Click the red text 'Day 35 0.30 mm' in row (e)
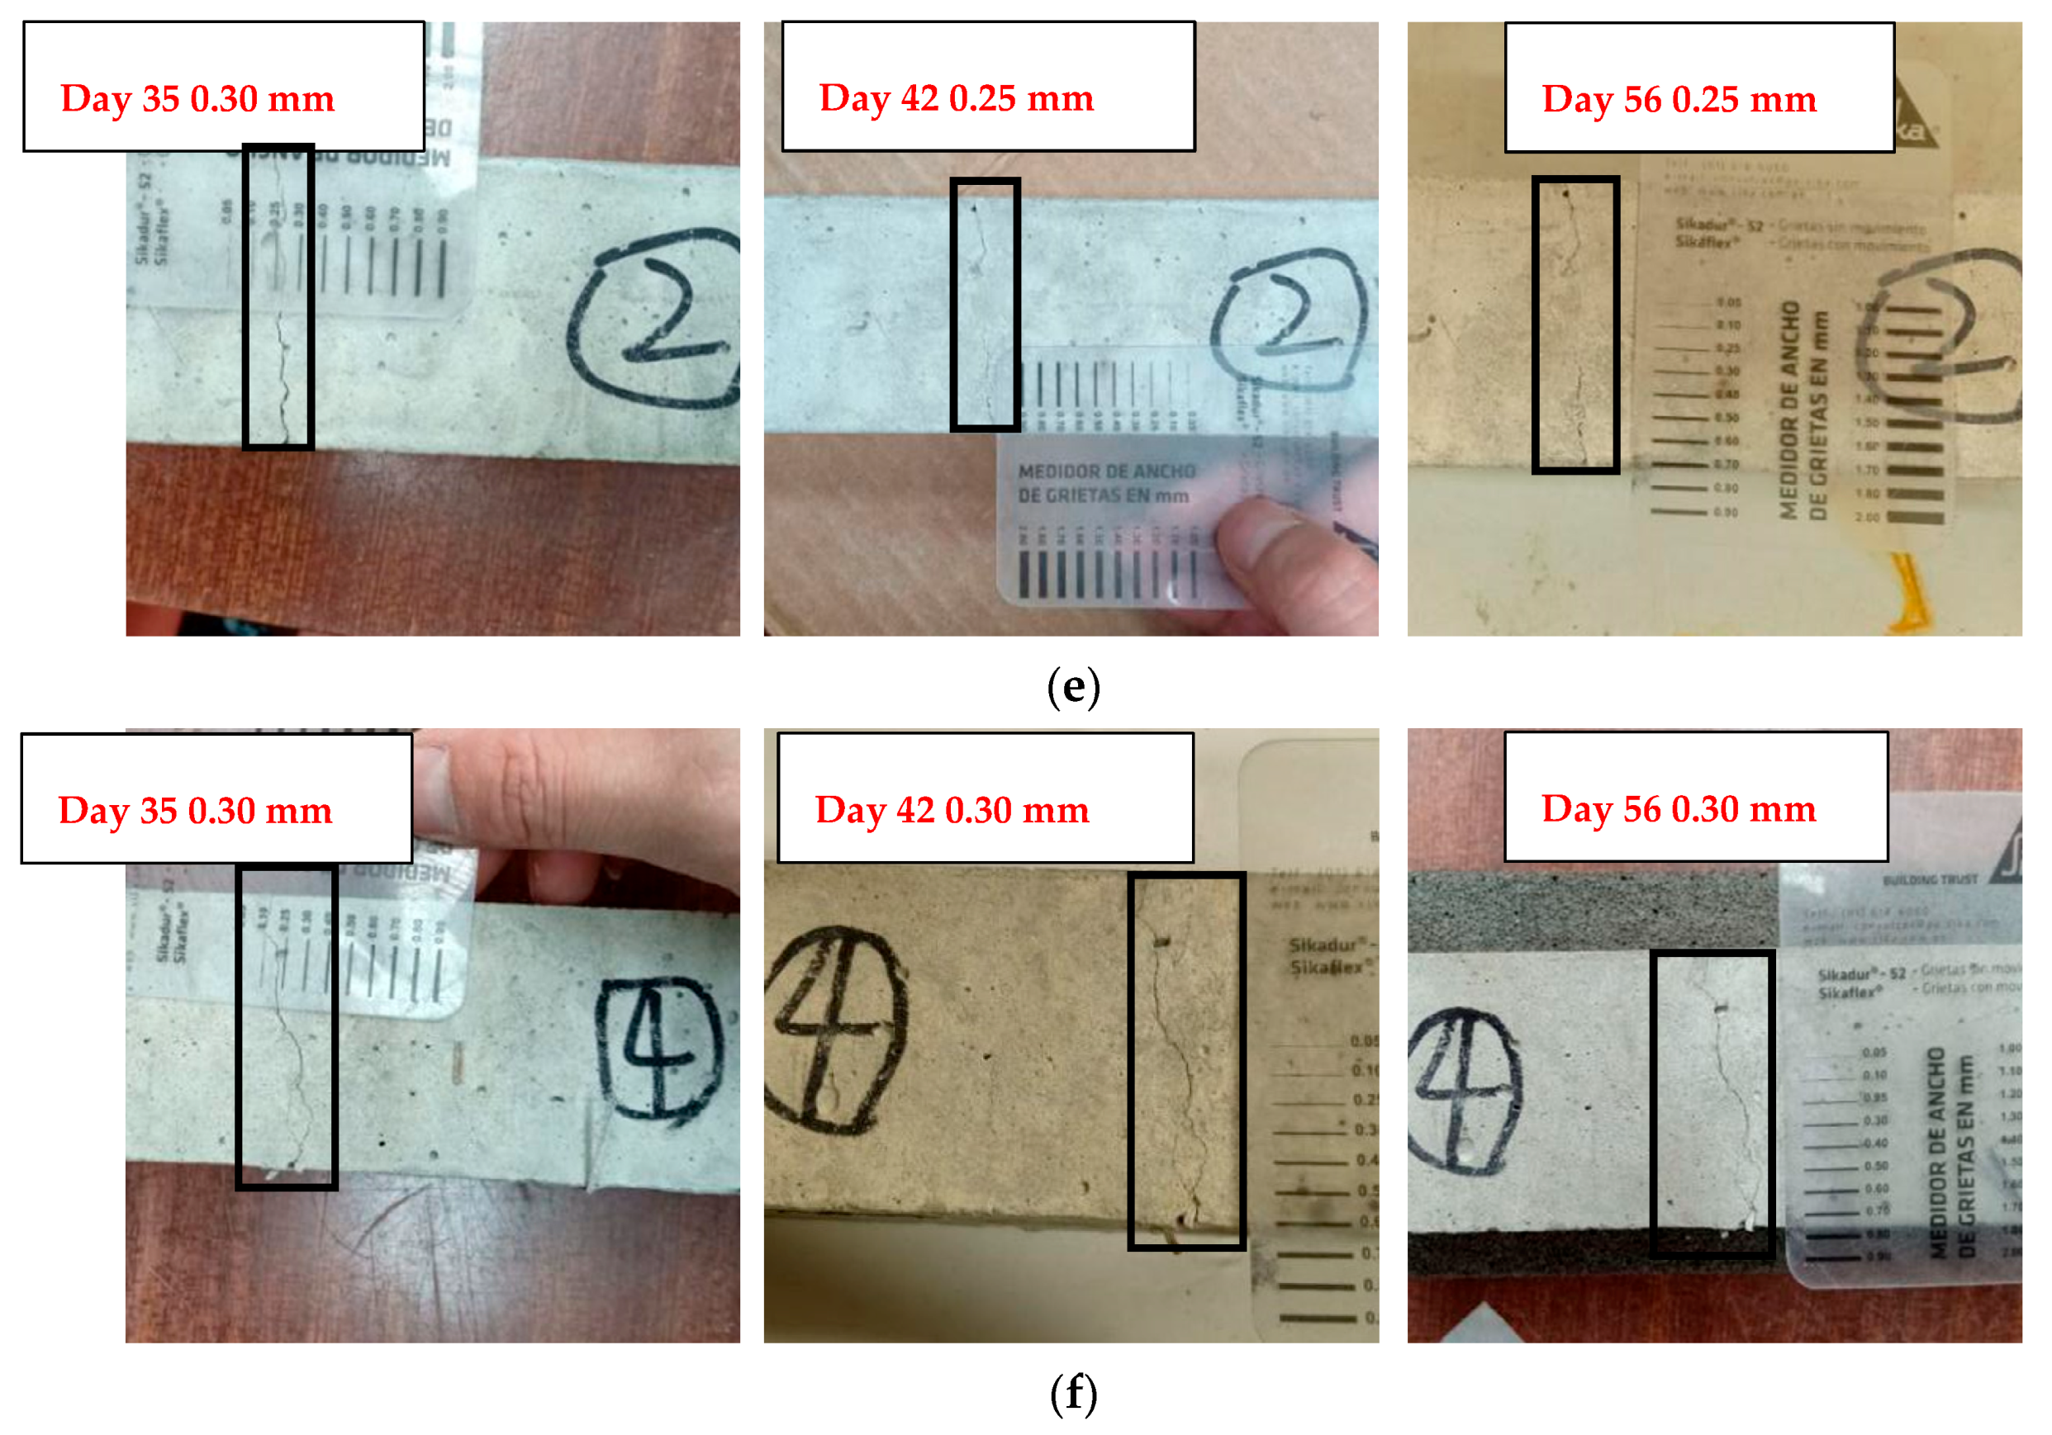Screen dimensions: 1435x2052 tap(197, 98)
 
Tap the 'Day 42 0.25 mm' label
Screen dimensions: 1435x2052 tap(956, 97)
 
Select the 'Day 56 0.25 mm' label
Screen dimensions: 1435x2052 tap(1679, 99)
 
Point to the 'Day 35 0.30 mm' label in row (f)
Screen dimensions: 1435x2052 tap(195, 811)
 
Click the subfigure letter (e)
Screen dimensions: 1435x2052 tap(1072, 687)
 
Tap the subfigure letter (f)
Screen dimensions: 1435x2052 tap(1072, 1394)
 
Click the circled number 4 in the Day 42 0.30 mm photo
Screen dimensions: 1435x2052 tap(833, 1028)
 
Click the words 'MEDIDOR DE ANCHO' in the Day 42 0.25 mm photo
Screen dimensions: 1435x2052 tap(1106, 471)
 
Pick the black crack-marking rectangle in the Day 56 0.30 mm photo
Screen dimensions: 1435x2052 tap(1712, 1104)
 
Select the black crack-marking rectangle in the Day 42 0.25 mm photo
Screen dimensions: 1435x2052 tap(985, 304)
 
